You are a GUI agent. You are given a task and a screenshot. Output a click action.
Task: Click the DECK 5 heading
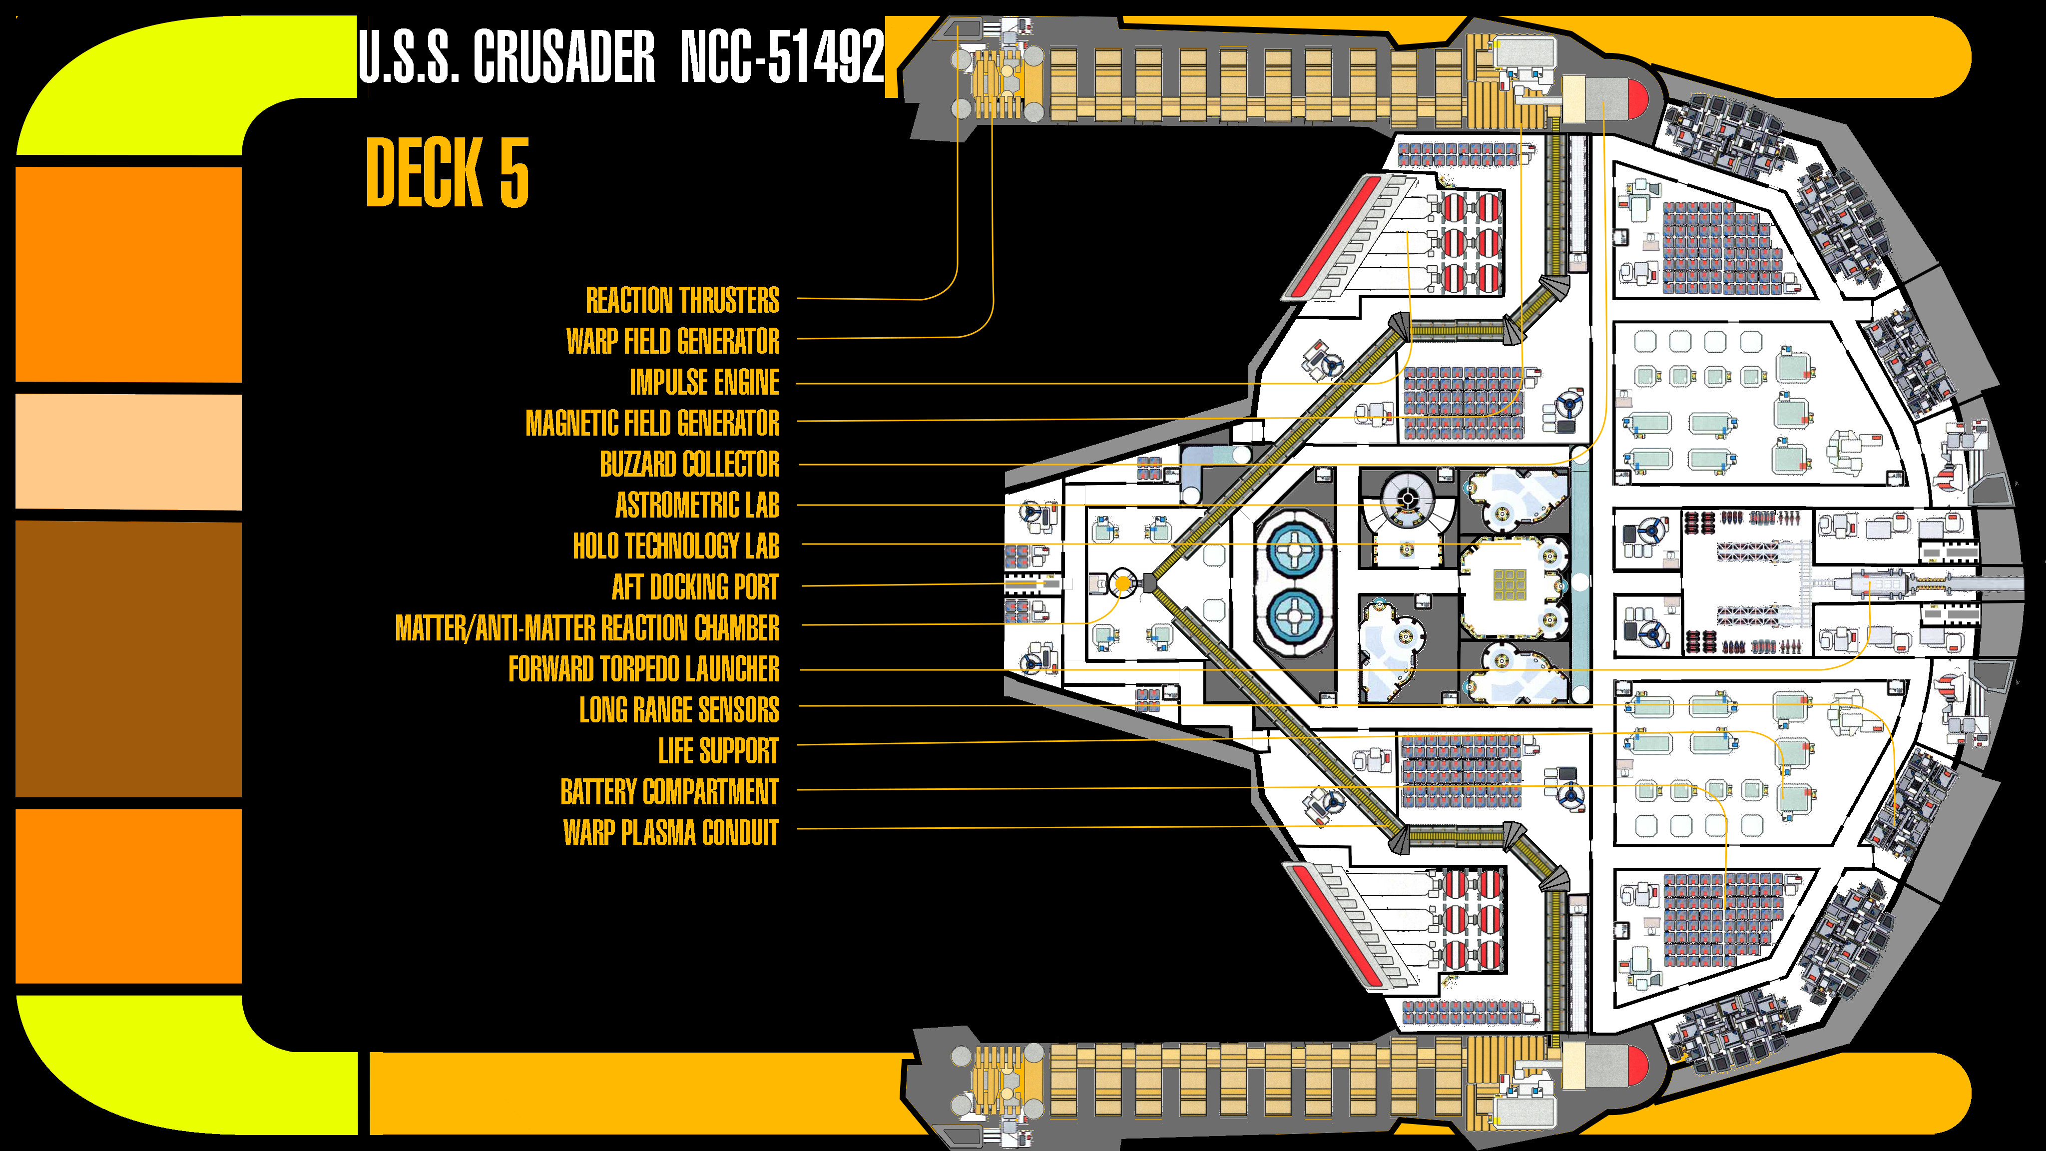coord(447,172)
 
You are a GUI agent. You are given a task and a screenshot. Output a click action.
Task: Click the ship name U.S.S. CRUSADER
coord(507,56)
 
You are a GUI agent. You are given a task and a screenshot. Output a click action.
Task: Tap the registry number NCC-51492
coord(782,56)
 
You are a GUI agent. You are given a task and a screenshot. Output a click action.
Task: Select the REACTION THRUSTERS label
coord(682,300)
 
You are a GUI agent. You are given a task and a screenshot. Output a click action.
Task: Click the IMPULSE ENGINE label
coord(704,382)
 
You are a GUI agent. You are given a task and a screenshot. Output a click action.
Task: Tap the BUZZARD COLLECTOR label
coord(689,465)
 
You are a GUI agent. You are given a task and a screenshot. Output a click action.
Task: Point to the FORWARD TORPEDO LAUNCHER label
coord(643,669)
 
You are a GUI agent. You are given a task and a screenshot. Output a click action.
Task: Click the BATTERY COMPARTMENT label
coord(669,792)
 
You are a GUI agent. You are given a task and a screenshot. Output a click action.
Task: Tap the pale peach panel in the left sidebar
coord(129,451)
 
